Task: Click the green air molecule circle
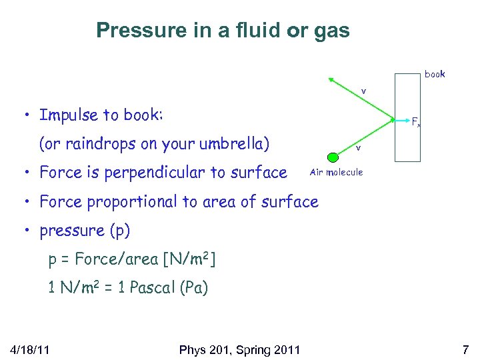[333, 158]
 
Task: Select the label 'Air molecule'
[337, 173]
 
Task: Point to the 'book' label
[435, 74]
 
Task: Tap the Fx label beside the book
[415, 122]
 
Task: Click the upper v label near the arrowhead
[363, 91]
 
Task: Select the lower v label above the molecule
[358, 147]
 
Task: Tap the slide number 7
[466, 349]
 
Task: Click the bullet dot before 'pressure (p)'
[25, 231]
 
